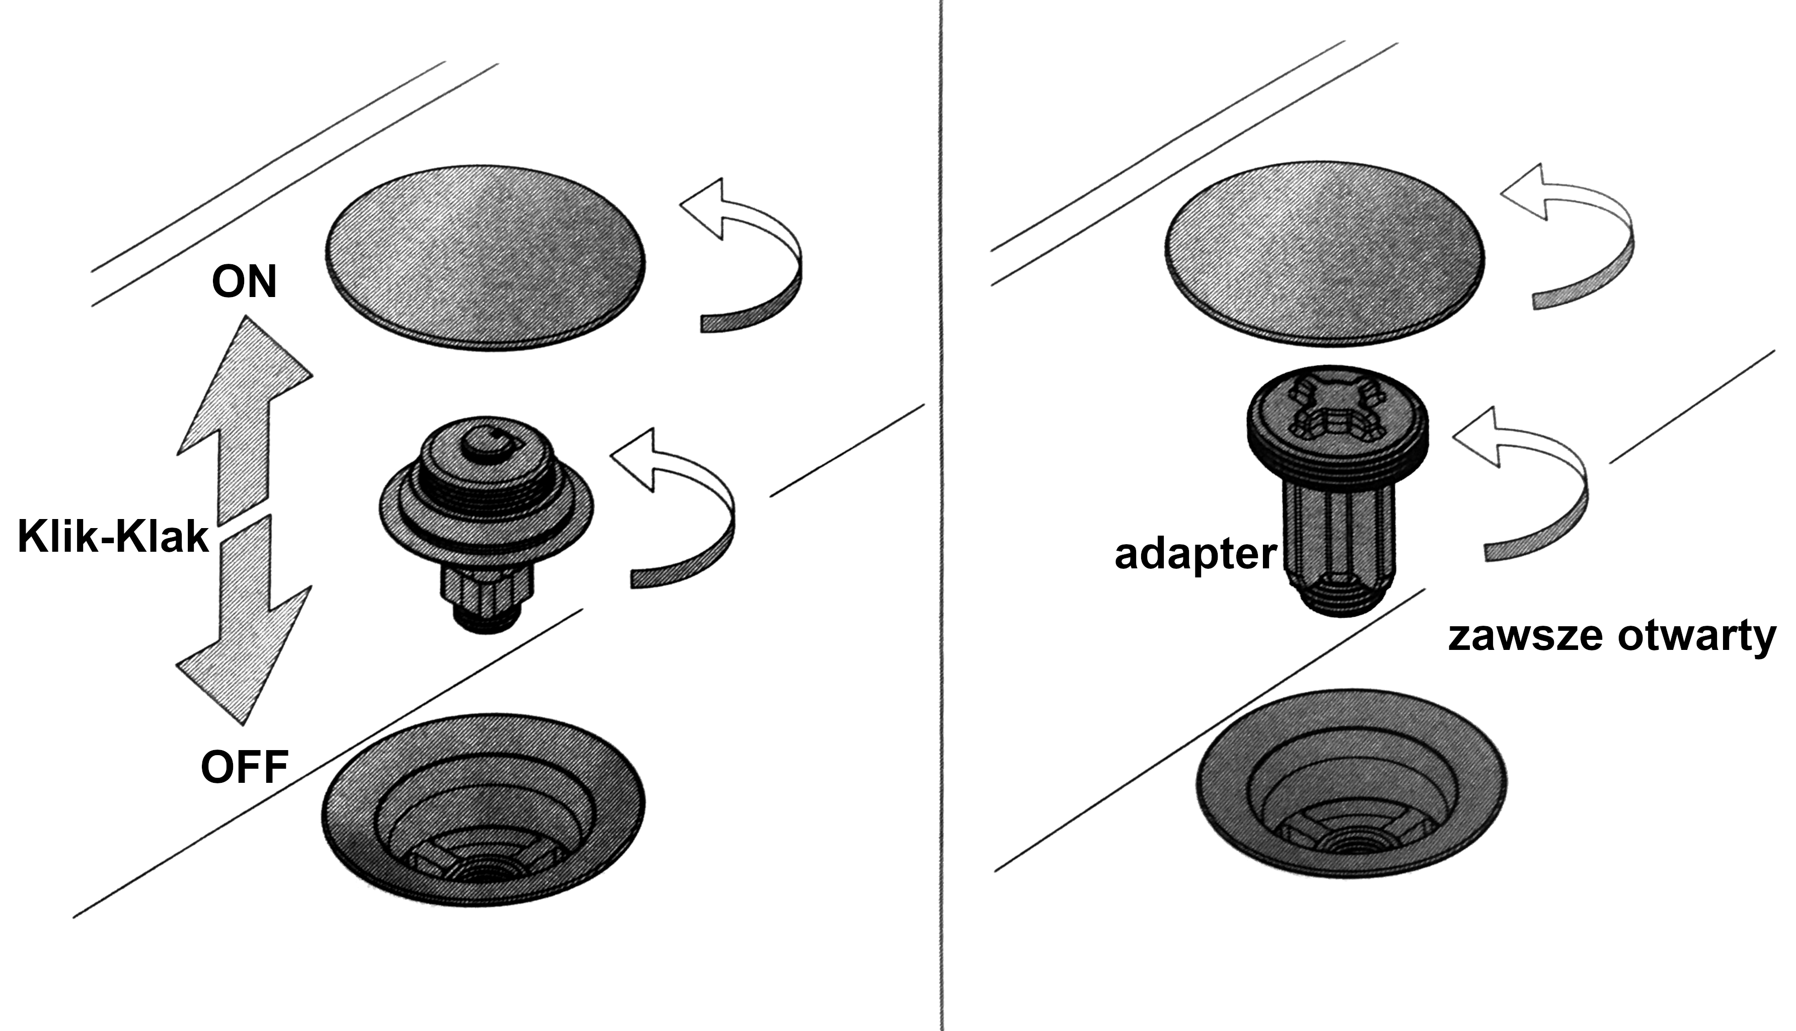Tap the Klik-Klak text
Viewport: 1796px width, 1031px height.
coord(113,536)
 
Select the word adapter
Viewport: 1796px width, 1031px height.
coord(1195,554)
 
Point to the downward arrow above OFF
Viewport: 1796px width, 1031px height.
coord(244,620)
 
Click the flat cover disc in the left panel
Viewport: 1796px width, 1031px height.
coord(486,258)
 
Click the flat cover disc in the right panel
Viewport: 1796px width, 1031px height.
coord(1324,254)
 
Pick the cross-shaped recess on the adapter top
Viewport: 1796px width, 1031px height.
coord(1336,409)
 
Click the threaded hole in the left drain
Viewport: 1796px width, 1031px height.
coord(486,872)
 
